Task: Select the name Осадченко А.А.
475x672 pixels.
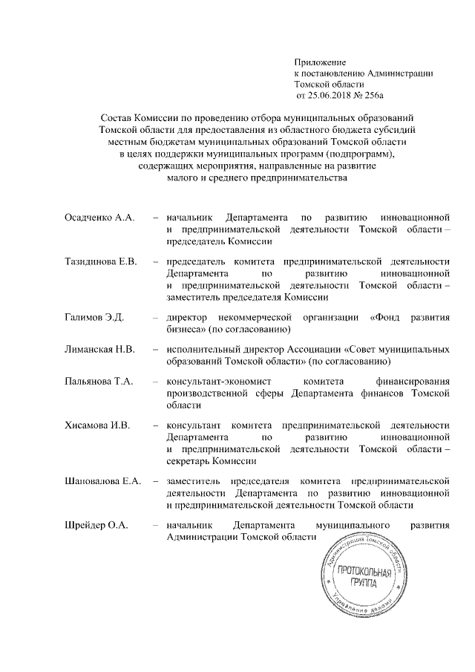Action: pos(96,218)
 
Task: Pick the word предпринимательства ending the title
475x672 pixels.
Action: pos(295,177)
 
